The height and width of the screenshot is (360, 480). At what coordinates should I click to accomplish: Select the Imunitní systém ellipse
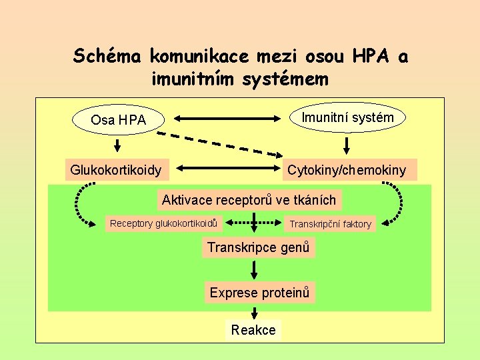(x=347, y=118)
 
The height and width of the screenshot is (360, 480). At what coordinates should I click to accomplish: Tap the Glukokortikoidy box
(x=116, y=170)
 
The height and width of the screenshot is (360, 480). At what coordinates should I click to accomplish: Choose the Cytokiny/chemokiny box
(x=347, y=170)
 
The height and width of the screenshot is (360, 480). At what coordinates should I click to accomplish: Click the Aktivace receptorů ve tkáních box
(x=249, y=199)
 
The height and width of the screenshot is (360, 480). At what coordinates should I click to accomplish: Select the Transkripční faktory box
(x=330, y=224)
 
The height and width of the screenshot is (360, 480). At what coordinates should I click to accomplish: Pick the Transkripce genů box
(x=258, y=248)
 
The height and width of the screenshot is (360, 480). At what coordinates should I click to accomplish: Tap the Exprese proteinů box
(x=259, y=292)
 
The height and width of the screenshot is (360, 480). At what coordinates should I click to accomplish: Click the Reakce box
(x=253, y=330)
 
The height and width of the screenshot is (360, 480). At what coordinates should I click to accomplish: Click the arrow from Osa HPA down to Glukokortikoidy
(x=117, y=145)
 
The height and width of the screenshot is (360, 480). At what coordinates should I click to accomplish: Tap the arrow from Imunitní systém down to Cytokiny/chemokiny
(x=347, y=145)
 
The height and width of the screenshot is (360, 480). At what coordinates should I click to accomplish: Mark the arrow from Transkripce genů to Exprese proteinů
(x=254, y=269)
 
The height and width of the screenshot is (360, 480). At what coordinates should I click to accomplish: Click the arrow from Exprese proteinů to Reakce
(x=254, y=312)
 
